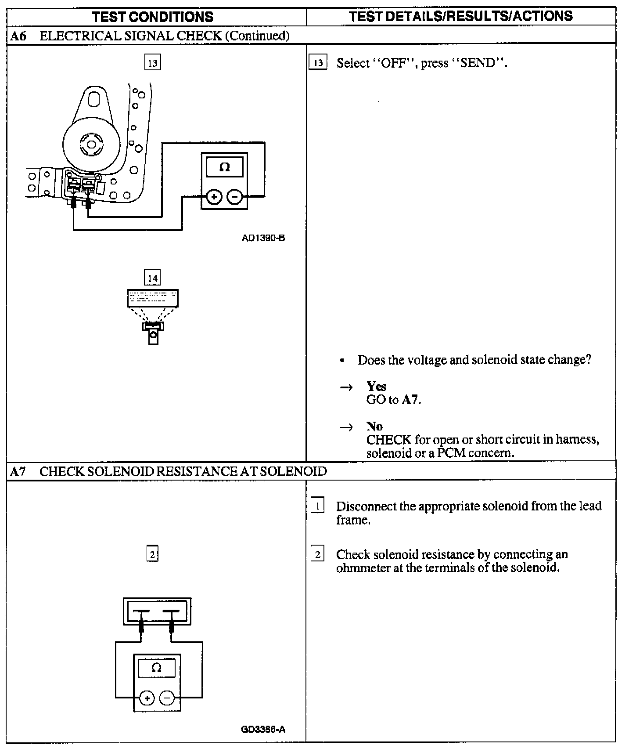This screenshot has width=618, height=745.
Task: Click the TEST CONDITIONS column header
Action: tap(153, 17)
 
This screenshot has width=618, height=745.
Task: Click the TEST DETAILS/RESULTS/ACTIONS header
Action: tap(461, 16)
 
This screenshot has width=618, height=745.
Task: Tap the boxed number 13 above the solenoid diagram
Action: tap(152, 62)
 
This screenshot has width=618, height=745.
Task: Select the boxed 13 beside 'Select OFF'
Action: tap(318, 63)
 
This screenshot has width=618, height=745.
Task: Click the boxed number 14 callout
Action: tap(152, 278)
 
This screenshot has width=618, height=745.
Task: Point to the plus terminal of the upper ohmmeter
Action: tap(214, 197)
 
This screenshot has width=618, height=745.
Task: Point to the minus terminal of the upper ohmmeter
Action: tap(235, 197)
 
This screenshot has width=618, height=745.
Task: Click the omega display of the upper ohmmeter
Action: tap(224, 167)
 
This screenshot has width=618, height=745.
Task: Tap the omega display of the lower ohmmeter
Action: tap(156, 668)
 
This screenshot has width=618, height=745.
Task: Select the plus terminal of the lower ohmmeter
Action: tap(147, 698)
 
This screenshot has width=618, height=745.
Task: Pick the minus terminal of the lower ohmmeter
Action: tap(167, 698)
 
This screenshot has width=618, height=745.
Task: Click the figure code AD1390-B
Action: tap(263, 238)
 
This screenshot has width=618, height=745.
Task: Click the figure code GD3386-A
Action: tap(263, 730)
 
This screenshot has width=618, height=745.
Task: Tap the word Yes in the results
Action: tap(376, 386)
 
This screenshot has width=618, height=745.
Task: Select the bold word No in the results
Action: tap(374, 426)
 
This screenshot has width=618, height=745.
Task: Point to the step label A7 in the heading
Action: tap(18, 472)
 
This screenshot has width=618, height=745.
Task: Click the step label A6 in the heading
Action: tap(18, 36)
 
